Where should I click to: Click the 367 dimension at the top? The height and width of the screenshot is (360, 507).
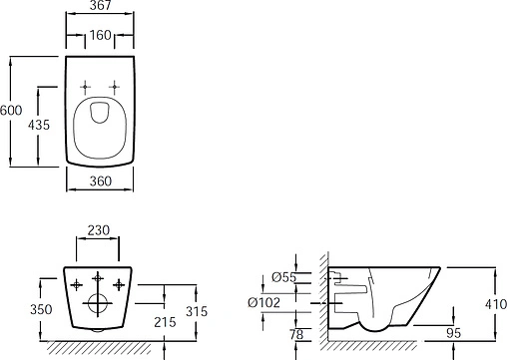coord(100,5)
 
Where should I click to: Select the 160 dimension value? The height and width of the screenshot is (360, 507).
coord(100,35)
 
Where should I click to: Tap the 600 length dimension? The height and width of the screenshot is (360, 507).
coord(11,110)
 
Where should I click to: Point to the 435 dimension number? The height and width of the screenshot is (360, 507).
coord(39,125)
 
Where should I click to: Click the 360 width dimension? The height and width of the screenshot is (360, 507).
coord(101,181)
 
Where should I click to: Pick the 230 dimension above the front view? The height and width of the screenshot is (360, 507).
coord(98,230)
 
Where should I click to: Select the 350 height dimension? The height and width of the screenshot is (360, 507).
coord(41,309)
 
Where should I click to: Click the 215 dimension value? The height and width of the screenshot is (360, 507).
coord(165,322)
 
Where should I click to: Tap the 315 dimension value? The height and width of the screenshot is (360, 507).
coord(197,311)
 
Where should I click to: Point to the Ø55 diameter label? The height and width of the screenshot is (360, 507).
coord(283,277)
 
